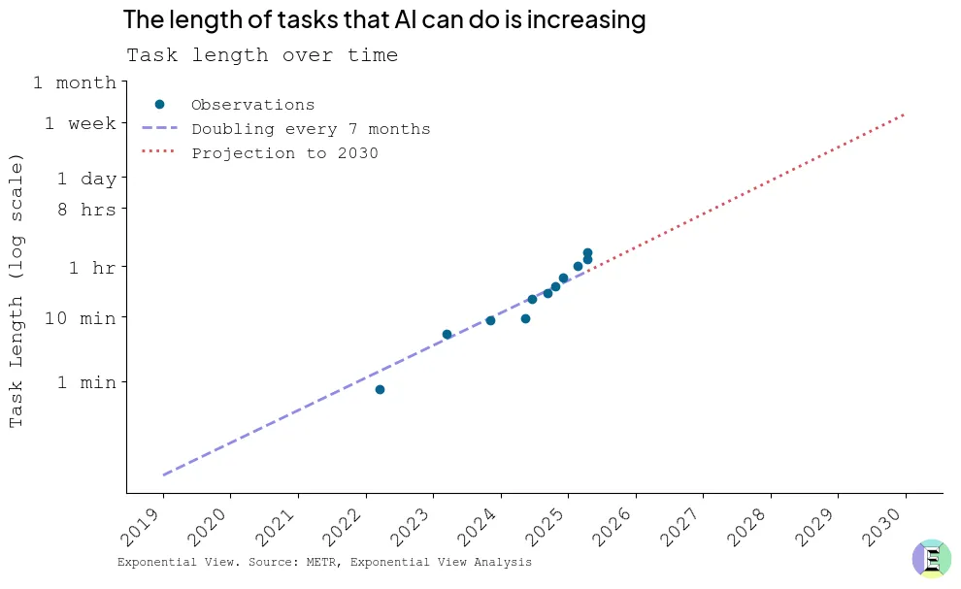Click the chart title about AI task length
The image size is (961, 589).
[384, 19]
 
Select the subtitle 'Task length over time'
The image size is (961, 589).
[262, 55]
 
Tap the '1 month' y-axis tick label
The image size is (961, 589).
[75, 83]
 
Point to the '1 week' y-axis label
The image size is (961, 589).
[80, 124]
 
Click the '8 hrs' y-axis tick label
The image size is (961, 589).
[86, 210]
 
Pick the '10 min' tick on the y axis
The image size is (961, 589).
[81, 318]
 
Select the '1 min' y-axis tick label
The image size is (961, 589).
[86, 383]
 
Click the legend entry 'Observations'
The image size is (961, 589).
[252, 105]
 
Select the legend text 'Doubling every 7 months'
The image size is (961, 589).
[311, 129]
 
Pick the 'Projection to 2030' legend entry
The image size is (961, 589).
[284, 153]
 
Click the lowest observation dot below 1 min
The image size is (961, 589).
[380, 389]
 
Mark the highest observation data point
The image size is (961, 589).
[587, 252]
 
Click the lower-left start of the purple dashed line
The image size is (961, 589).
[164, 474]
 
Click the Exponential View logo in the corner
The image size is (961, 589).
[931, 559]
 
